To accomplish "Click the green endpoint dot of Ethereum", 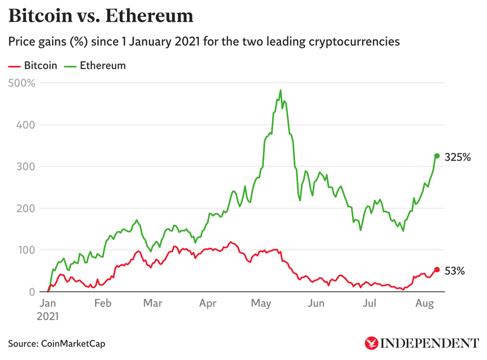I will point(437,156).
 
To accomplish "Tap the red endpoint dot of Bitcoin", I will point(437,270).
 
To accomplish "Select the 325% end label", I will point(457,158).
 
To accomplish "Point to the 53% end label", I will point(454,271).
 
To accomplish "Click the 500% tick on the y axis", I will point(22,83).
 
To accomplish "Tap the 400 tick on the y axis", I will point(25,124).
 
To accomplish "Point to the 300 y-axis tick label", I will point(25,167).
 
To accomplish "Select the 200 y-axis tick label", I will point(25,208).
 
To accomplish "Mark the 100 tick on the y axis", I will point(25,250).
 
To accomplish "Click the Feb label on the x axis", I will point(102,303).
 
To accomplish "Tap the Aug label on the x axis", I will point(423,303).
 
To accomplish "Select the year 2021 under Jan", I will point(48,316).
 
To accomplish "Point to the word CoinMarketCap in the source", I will point(73,343).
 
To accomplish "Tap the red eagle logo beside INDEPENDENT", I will point(371,343).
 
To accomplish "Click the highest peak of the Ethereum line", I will point(281,90).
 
